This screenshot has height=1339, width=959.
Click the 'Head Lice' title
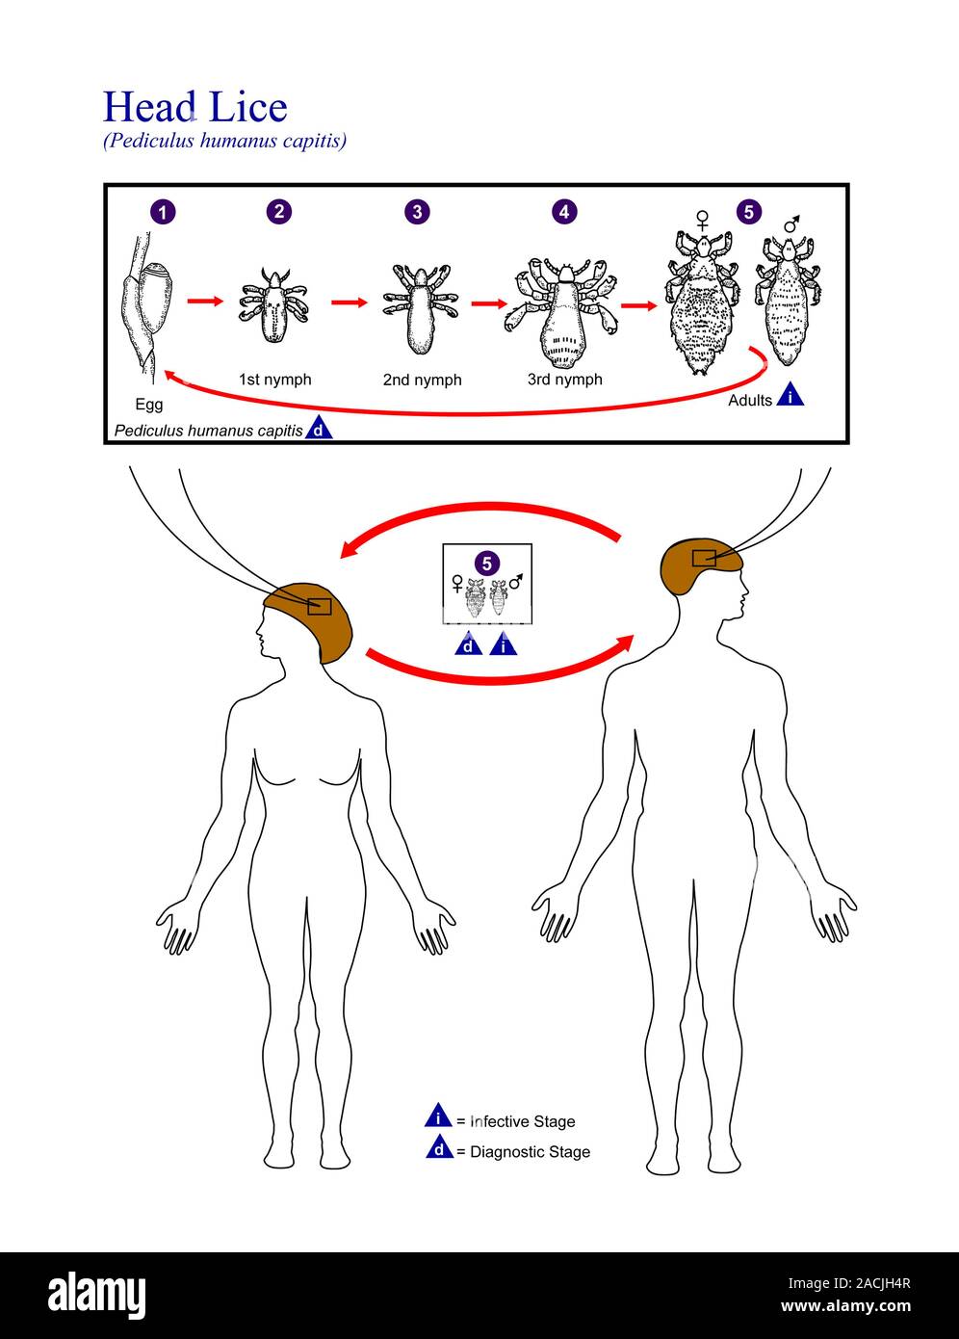click(x=194, y=107)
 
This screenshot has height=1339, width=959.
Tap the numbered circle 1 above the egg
click(x=164, y=212)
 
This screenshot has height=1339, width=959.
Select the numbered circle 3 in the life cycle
click(x=416, y=212)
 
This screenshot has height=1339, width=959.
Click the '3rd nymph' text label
click(x=564, y=380)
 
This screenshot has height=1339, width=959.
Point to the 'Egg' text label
click(x=148, y=405)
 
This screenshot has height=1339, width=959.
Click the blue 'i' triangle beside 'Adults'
click(x=791, y=395)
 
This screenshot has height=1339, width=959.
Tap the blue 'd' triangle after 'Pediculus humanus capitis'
click(x=319, y=430)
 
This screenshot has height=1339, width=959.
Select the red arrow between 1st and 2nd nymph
click(x=350, y=302)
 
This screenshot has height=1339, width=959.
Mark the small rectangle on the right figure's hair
click(x=704, y=558)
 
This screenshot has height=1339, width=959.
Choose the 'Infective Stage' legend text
click(x=522, y=1121)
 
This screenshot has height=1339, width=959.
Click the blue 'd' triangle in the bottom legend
click(x=439, y=1149)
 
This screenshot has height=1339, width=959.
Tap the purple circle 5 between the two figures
click(x=487, y=563)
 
